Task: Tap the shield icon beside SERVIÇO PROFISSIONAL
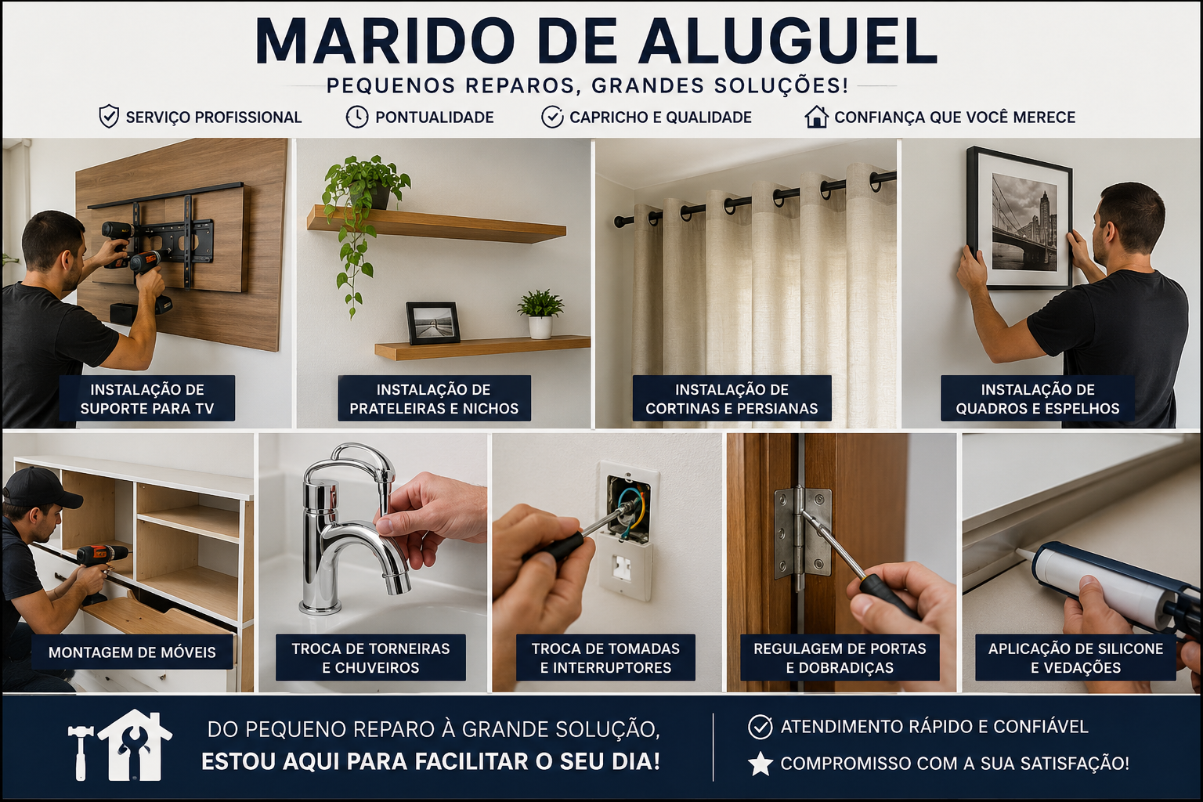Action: [x=109, y=117]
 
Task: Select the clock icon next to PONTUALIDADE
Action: [x=357, y=117]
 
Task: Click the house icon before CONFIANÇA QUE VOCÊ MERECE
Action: [x=816, y=117]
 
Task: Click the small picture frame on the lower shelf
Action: [x=433, y=323]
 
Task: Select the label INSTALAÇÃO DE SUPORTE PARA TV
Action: [x=146, y=399]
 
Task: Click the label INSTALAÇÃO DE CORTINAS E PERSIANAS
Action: [x=732, y=399]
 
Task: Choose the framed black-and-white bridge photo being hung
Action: [x=1019, y=219]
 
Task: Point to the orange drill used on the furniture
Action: [x=102, y=558]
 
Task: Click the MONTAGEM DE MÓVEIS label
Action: [x=132, y=652]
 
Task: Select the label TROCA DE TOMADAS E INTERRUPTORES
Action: [x=605, y=658]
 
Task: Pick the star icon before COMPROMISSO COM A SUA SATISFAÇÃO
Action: [x=760, y=764]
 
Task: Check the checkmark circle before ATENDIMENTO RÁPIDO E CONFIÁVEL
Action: [x=760, y=727]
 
